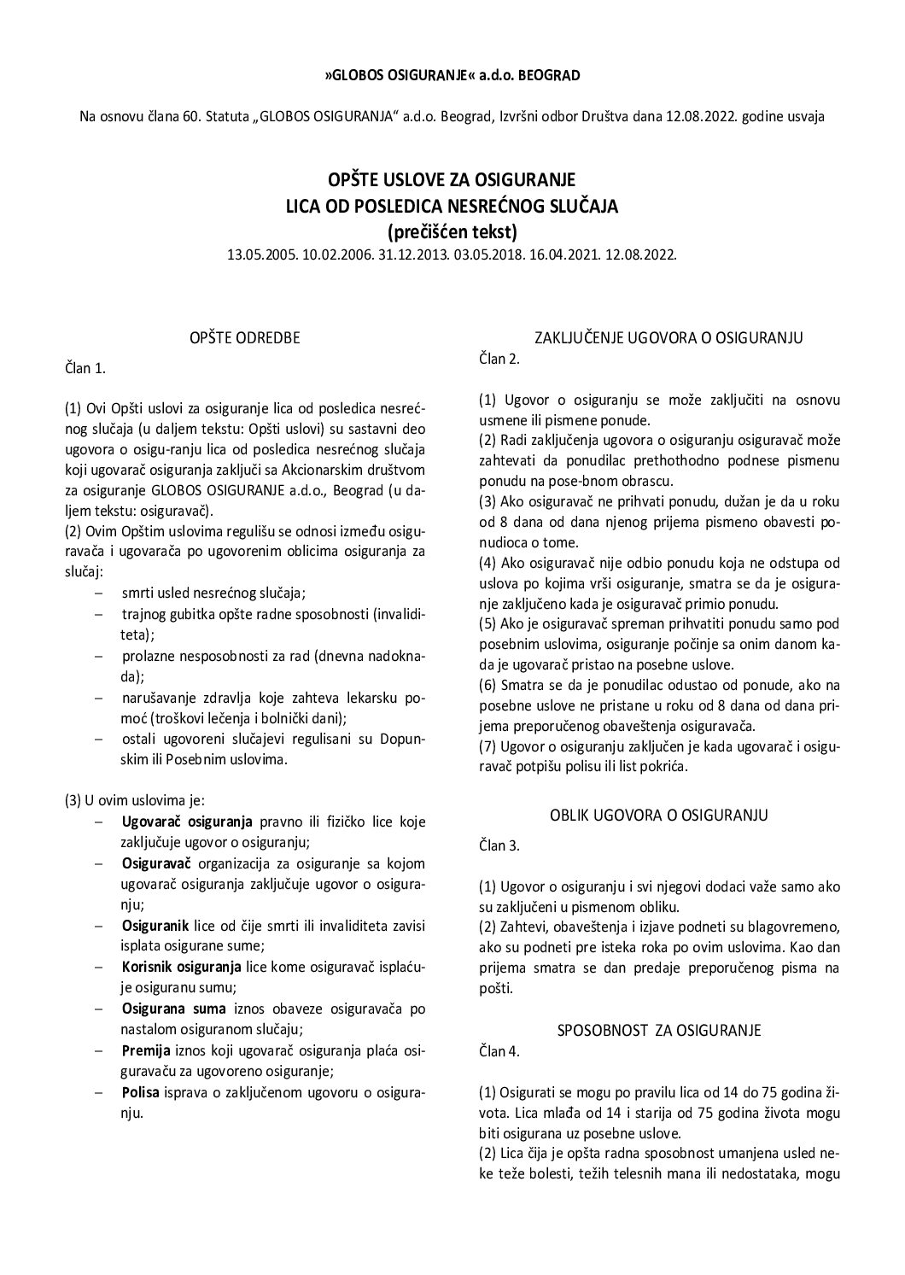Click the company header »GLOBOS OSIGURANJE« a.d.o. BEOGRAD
[452, 75]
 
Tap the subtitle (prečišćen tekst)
[452, 231]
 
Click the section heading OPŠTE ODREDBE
[245, 337]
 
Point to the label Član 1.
[85, 368]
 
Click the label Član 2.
[499, 358]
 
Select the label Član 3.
[499, 845]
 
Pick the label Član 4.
[499, 1051]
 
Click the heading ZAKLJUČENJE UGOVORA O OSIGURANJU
[669, 337]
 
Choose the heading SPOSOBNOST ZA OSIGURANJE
[658, 1031]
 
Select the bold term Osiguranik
[149, 926]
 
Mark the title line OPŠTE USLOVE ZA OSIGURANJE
[452, 179]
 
